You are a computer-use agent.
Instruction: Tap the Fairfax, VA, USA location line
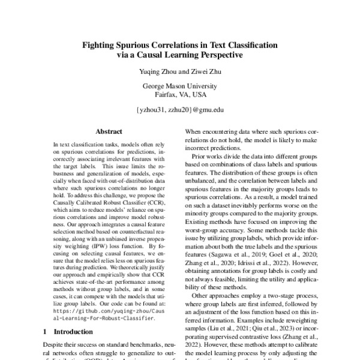click(179, 95)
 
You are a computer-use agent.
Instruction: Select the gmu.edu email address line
click(179, 110)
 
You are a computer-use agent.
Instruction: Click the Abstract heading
click(109, 131)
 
